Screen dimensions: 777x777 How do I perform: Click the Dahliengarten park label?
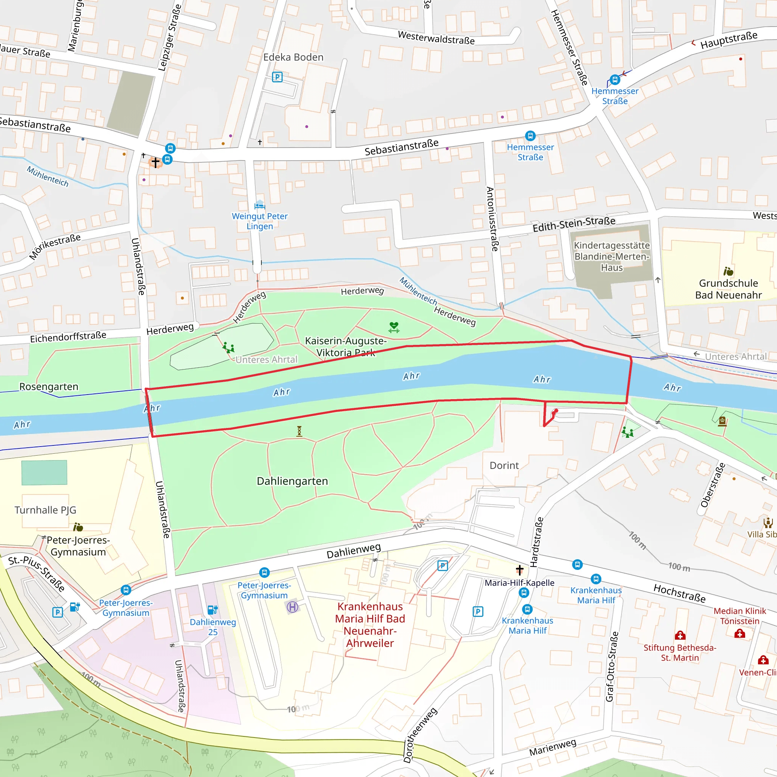[x=293, y=481]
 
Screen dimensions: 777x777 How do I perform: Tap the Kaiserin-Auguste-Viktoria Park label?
[x=346, y=347]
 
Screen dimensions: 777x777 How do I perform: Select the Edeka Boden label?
[x=293, y=57]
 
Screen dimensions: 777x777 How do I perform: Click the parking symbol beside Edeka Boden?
[x=277, y=77]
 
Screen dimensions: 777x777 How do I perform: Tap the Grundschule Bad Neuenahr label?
[x=728, y=289]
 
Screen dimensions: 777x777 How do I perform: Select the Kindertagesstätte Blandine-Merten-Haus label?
[x=611, y=256]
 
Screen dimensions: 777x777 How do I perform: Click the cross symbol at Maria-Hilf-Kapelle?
[x=520, y=570]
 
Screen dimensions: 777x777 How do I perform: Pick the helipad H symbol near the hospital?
[x=293, y=607]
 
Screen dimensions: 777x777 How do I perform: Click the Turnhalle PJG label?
[x=46, y=510]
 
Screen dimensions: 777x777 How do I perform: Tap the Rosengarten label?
[x=49, y=387]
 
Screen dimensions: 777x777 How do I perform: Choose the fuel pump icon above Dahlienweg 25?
[x=212, y=610]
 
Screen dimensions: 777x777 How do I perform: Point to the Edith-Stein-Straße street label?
[x=574, y=224]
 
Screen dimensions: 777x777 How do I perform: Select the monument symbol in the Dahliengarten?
[x=299, y=431]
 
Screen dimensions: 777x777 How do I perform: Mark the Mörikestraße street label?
[x=55, y=246]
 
